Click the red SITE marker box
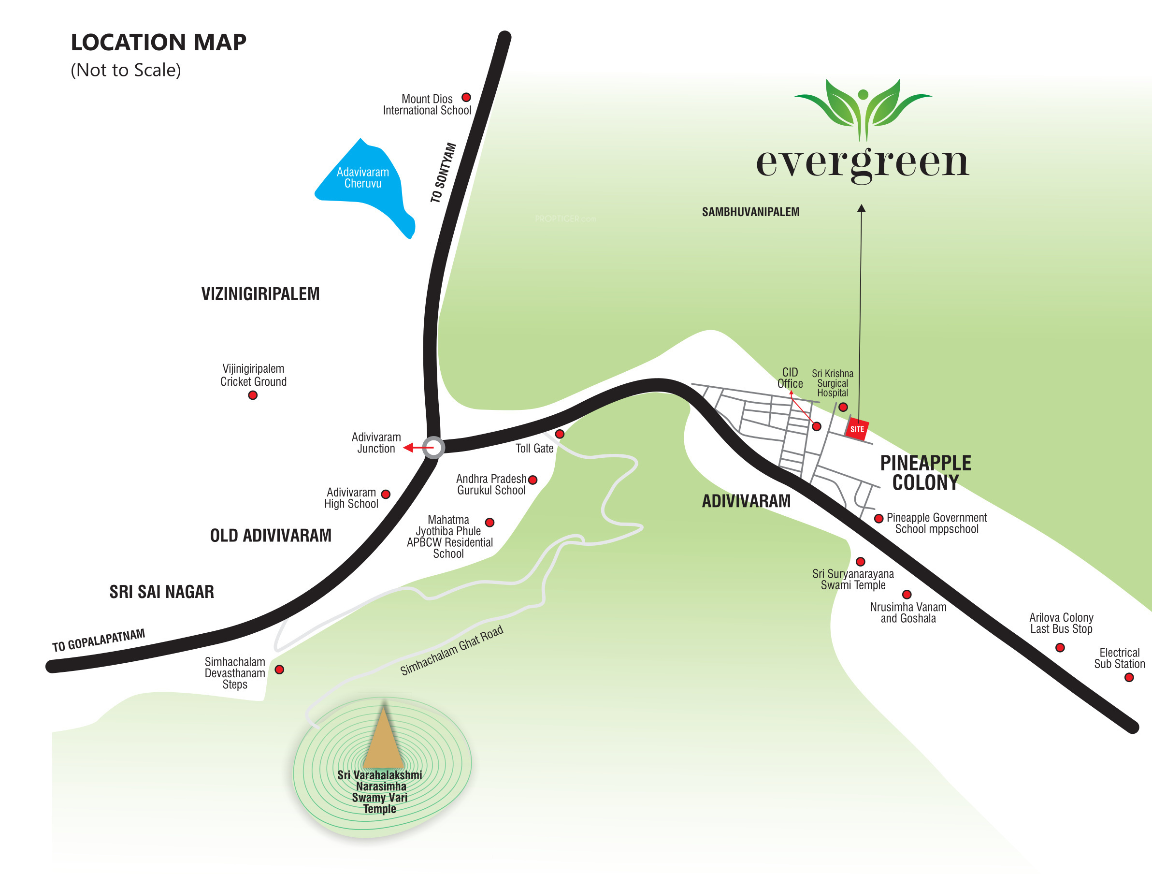coord(857,429)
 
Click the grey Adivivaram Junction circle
coord(433,448)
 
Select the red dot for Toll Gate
coord(560,434)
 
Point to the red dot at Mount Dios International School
coord(466,97)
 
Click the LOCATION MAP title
coord(158,42)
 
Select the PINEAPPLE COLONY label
coord(925,472)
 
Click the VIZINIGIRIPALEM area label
coord(260,294)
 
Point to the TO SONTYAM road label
coord(443,173)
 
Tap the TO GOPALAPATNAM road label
coord(99,640)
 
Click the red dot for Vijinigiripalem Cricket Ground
coord(253,395)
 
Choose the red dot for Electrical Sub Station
coord(1129,678)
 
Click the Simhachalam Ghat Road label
coord(451,650)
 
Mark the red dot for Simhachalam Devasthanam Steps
coord(280,670)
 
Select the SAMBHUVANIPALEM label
coord(750,212)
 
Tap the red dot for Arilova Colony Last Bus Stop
coord(1060,647)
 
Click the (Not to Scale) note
coord(126,70)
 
